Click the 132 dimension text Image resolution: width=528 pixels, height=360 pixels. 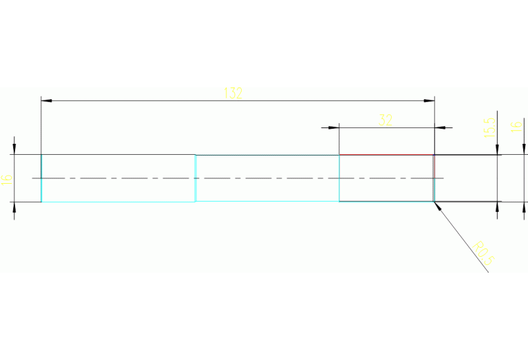tap(233, 94)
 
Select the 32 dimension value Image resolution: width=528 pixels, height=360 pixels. tap(386, 120)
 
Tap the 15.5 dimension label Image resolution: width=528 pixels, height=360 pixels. tap(489, 127)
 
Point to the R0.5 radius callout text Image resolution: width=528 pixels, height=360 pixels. tap(484, 252)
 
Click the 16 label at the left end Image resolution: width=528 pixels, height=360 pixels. tap(7, 179)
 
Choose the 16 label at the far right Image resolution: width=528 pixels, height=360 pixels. tap(515, 127)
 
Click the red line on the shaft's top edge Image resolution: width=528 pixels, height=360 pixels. tap(386, 155)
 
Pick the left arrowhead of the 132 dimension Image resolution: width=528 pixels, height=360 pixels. tap(46, 101)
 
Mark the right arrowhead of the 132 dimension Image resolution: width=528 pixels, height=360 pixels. tap(430, 101)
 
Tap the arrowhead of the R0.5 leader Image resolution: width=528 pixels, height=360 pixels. tap(436, 204)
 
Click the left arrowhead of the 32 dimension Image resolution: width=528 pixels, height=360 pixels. tap(335, 127)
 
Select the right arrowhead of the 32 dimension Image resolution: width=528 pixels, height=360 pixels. tap(440, 127)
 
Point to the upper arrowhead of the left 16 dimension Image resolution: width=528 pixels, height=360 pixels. tap(14, 150)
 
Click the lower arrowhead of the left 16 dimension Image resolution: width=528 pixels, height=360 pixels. tap(14, 207)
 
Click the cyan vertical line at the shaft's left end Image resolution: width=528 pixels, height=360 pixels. tap(41, 178)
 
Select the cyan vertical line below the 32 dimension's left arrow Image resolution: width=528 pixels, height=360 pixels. tap(339, 178)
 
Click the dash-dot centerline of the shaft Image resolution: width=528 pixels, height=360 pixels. tap(241, 178)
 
